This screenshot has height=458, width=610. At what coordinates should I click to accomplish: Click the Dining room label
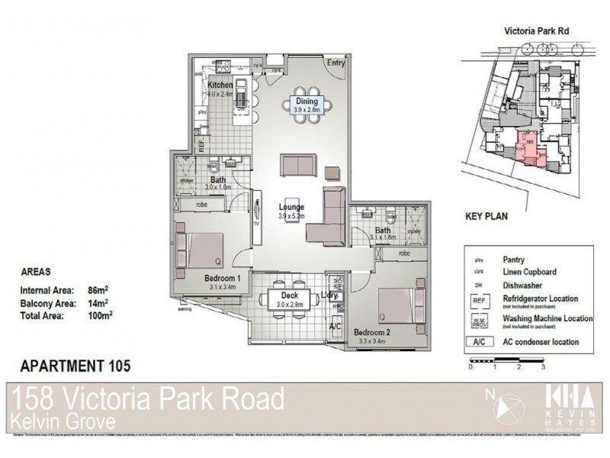coord(307,101)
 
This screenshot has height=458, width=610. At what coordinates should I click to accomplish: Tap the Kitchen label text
coord(220,85)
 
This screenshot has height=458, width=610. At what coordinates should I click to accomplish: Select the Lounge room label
coord(291,208)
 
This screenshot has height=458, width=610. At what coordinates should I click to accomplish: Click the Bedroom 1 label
coord(223,279)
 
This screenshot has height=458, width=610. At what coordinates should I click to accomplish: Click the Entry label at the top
coord(335,63)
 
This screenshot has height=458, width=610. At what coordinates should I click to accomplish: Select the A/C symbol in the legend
coord(480,342)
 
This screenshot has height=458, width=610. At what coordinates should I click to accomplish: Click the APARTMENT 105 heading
coord(73,366)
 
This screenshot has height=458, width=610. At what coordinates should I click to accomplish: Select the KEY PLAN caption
coord(486,216)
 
